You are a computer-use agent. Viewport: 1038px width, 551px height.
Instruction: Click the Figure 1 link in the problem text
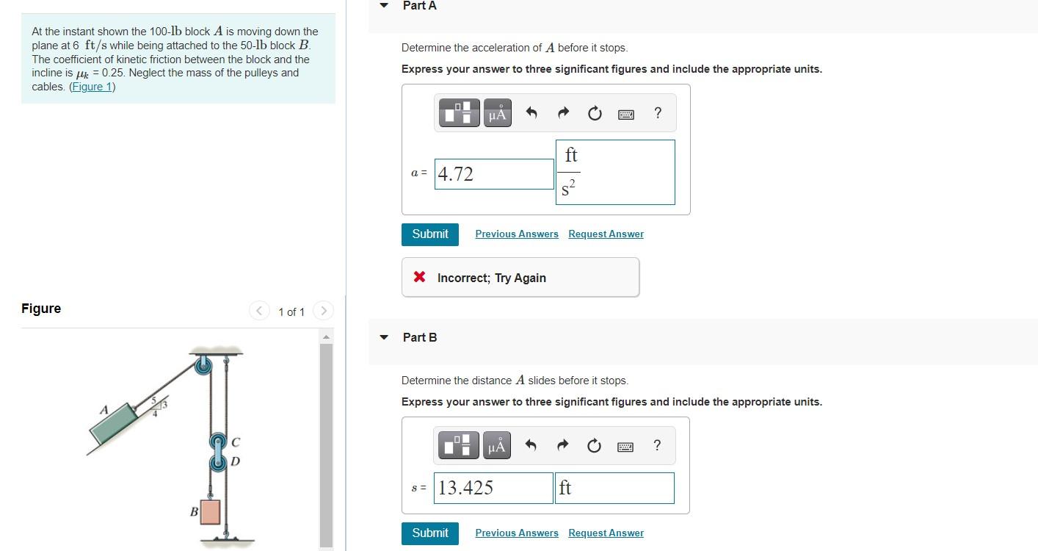[92, 87]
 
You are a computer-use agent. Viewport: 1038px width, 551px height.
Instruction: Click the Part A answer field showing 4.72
[493, 174]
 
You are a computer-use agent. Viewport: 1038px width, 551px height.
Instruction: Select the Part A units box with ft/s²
[615, 173]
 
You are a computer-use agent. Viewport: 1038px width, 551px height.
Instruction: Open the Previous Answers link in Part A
[516, 234]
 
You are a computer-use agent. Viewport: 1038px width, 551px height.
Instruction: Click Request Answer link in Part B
[606, 533]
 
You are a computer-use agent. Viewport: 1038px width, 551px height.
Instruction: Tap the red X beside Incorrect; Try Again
[419, 277]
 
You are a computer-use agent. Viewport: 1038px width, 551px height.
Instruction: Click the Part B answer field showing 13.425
[493, 488]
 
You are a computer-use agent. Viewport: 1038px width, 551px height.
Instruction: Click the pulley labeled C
[218, 442]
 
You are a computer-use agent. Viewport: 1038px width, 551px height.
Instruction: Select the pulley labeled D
[218, 462]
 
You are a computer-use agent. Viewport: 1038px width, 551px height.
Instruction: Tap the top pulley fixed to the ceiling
[203, 364]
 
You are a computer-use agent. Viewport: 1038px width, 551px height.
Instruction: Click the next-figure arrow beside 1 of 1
[323, 311]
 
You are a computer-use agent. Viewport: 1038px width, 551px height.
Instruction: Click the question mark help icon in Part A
[657, 113]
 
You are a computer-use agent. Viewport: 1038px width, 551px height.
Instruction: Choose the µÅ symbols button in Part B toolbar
[497, 446]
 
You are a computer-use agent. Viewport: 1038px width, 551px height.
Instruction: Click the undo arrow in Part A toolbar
[532, 114]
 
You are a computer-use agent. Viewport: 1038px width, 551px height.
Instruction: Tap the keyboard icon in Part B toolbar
[625, 446]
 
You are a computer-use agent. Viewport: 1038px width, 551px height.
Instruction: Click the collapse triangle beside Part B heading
[383, 337]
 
